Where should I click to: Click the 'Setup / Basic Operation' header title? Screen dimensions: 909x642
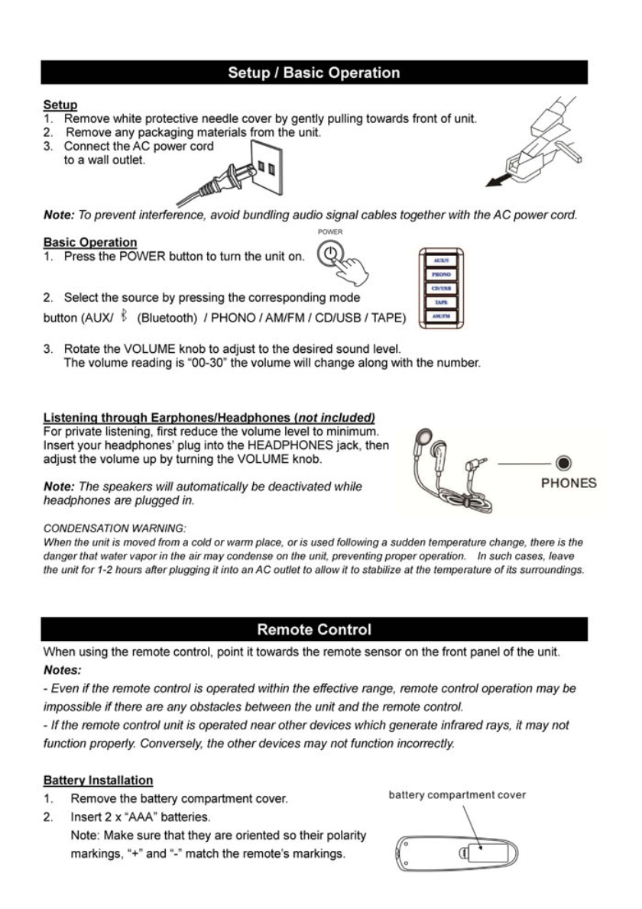point(313,73)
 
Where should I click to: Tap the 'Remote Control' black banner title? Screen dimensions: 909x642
point(313,630)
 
